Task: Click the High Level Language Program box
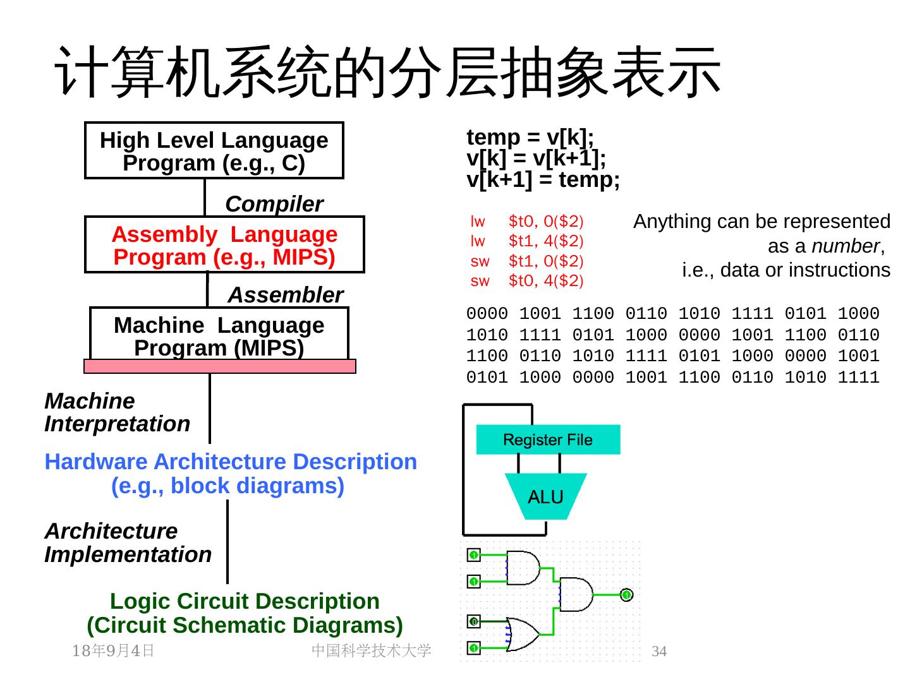click(214, 151)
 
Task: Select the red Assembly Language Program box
click(224, 245)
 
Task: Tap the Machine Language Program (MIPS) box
click(219, 335)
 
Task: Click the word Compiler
click(274, 204)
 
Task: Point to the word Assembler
click(285, 295)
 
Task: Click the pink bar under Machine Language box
click(220, 366)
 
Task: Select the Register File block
click(548, 440)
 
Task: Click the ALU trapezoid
click(545, 497)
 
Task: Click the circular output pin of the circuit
click(626, 595)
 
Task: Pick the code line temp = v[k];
click(530, 137)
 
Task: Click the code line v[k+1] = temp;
click(543, 180)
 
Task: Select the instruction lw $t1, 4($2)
click(527, 241)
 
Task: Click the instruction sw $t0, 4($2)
click(527, 281)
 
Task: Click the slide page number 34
click(659, 651)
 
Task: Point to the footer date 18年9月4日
click(114, 650)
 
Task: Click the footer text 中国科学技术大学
click(372, 650)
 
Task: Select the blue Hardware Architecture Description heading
click(231, 462)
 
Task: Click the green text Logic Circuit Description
click(245, 601)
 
